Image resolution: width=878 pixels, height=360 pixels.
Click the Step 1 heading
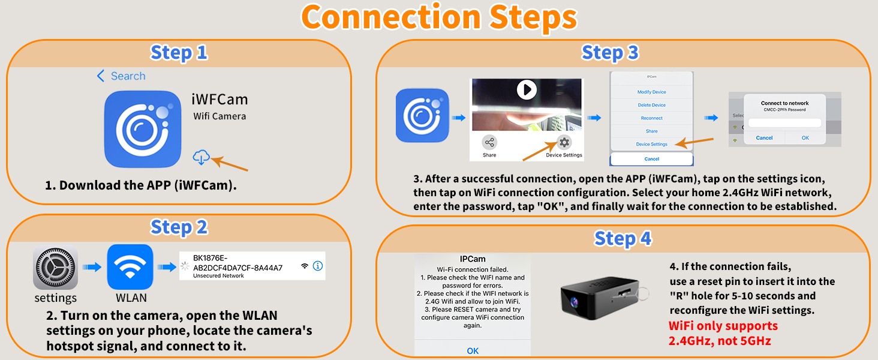click(179, 53)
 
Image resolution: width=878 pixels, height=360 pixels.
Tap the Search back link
click(121, 76)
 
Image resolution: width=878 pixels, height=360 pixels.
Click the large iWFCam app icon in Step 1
click(143, 129)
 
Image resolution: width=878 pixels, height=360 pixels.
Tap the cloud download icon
click(201, 157)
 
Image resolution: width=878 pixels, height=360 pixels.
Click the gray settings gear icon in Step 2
click(55, 267)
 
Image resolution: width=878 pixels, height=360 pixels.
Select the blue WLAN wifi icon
click(130, 267)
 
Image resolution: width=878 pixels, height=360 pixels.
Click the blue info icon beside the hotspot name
click(318, 266)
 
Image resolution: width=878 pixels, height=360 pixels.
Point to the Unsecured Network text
click(218, 276)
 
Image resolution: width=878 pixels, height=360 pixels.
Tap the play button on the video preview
click(527, 90)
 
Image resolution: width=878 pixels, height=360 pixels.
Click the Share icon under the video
click(489, 143)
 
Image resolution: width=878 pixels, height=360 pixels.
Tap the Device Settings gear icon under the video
click(564, 143)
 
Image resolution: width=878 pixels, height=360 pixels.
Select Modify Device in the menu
click(651, 92)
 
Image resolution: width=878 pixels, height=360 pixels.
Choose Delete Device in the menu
click(651, 105)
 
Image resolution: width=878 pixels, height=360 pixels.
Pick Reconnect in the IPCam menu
click(651, 118)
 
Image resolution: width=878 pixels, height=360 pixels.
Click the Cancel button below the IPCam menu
click(651, 159)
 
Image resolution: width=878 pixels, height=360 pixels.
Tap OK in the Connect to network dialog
click(805, 138)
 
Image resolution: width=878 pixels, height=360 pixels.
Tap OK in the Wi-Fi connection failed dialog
click(473, 350)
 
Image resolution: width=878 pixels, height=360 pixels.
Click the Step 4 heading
click(622, 238)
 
